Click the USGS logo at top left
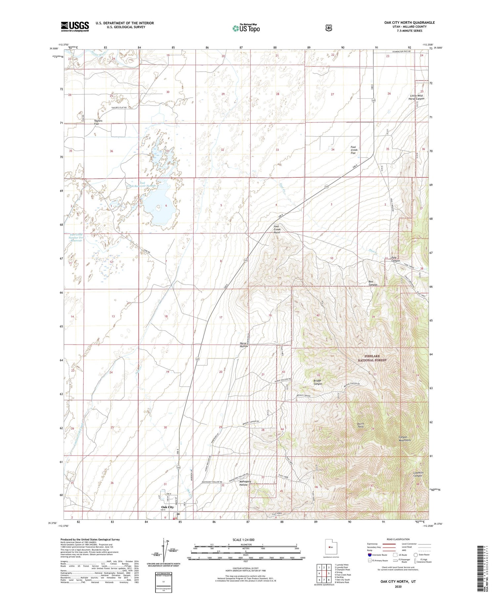(x=75, y=26)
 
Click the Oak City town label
(x=167, y=507)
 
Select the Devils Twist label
(x=360, y=425)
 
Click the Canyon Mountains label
(x=405, y=438)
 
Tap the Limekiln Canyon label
(x=418, y=474)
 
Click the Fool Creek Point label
(x=277, y=229)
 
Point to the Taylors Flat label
(x=98, y=122)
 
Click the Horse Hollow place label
(x=244, y=345)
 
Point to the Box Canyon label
(x=373, y=283)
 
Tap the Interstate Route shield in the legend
(x=369, y=555)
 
